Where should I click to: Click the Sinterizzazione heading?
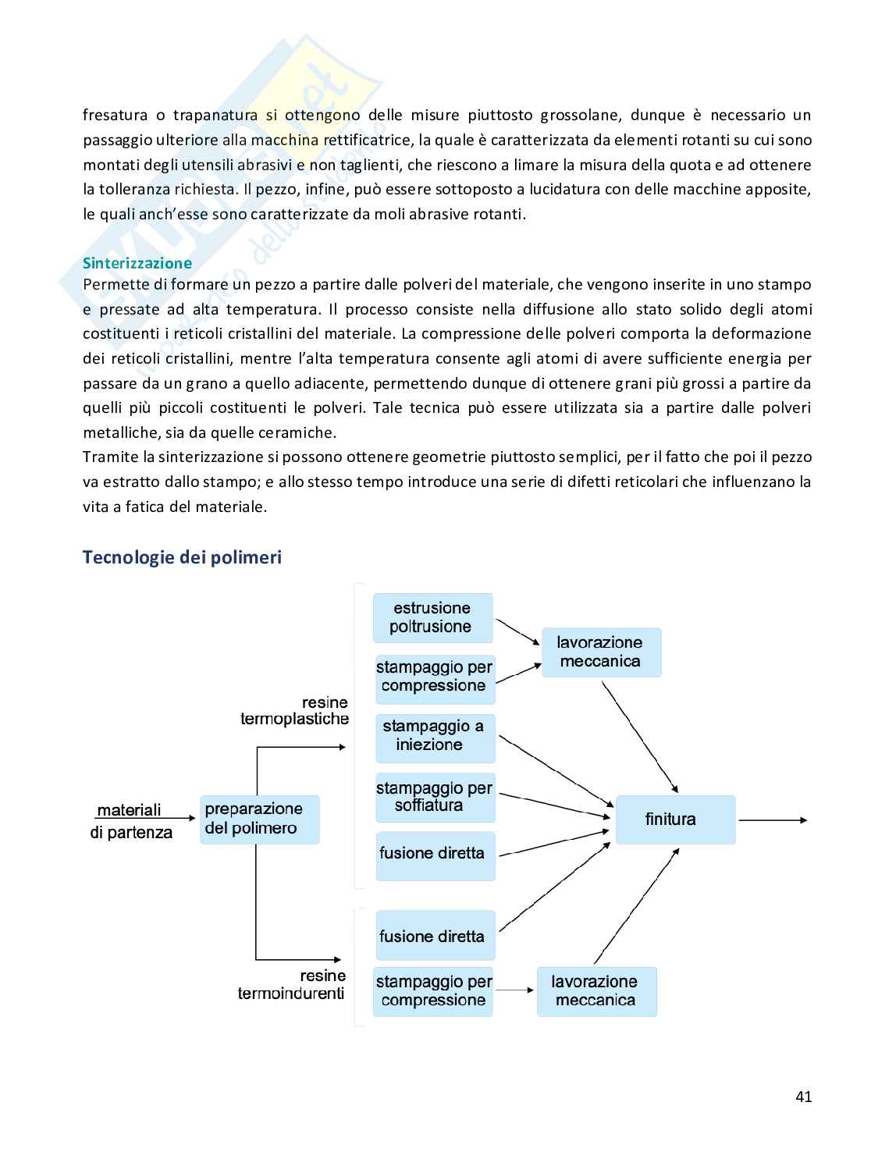[137, 263]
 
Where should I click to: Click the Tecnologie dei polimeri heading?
[182, 557]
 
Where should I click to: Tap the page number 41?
[803, 1097]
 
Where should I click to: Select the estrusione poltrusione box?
[432, 617]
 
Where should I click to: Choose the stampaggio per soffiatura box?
[435, 797]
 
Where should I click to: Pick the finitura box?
[675, 819]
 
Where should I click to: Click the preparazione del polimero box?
[259, 819]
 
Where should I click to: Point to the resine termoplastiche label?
[296, 710]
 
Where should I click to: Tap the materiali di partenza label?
[130, 821]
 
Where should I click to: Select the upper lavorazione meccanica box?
[601, 652]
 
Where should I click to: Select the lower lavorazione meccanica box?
[596, 991]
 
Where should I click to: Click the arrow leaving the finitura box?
[772, 820]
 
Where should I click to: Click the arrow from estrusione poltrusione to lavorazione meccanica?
[517, 632]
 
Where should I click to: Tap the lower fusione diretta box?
[435, 936]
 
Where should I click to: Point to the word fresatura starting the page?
[115, 116]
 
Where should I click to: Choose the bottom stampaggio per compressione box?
[433, 991]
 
